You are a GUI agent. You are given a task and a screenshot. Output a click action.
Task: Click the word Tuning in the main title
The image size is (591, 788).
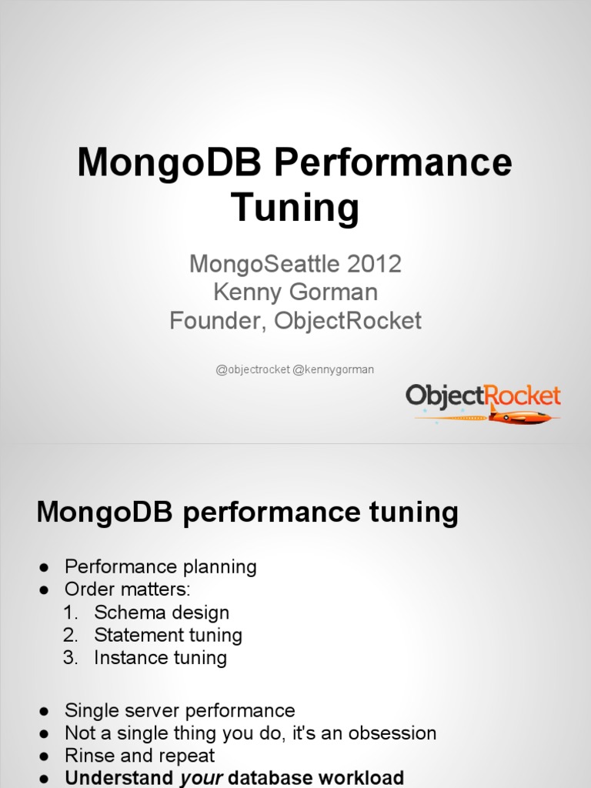coord(295,207)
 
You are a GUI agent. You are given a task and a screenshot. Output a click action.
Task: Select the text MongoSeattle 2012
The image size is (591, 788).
coord(295,264)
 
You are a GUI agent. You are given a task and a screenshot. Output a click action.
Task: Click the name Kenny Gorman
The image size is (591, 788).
coord(295,292)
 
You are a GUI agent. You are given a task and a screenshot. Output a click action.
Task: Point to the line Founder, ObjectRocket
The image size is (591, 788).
coord(295,321)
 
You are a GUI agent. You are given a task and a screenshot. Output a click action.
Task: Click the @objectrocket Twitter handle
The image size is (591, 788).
coord(253,369)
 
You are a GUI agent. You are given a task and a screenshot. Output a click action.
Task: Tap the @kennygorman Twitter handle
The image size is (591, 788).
coord(333,369)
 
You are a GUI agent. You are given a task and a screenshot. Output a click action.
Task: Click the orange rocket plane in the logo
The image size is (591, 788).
coord(519,416)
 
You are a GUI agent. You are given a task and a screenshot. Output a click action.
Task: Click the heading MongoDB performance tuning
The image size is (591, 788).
coord(247,512)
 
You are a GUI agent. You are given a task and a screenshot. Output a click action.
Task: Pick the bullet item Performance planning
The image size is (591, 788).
coord(160,567)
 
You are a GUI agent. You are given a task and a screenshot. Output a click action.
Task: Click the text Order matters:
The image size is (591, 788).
coord(127,589)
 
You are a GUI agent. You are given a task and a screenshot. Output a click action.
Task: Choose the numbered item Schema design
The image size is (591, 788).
coord(162,613)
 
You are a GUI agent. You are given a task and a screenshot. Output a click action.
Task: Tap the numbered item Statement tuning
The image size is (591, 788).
coord(168,635)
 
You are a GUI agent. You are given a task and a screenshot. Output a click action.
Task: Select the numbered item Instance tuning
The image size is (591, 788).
coord(160,657)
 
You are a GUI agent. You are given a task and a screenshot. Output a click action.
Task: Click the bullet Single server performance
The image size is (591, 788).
coord(179,710)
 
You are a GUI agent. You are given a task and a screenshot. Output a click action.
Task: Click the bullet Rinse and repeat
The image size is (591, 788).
coord(139,755)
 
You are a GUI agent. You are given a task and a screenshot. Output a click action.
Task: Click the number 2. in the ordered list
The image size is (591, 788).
coord(71,635)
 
